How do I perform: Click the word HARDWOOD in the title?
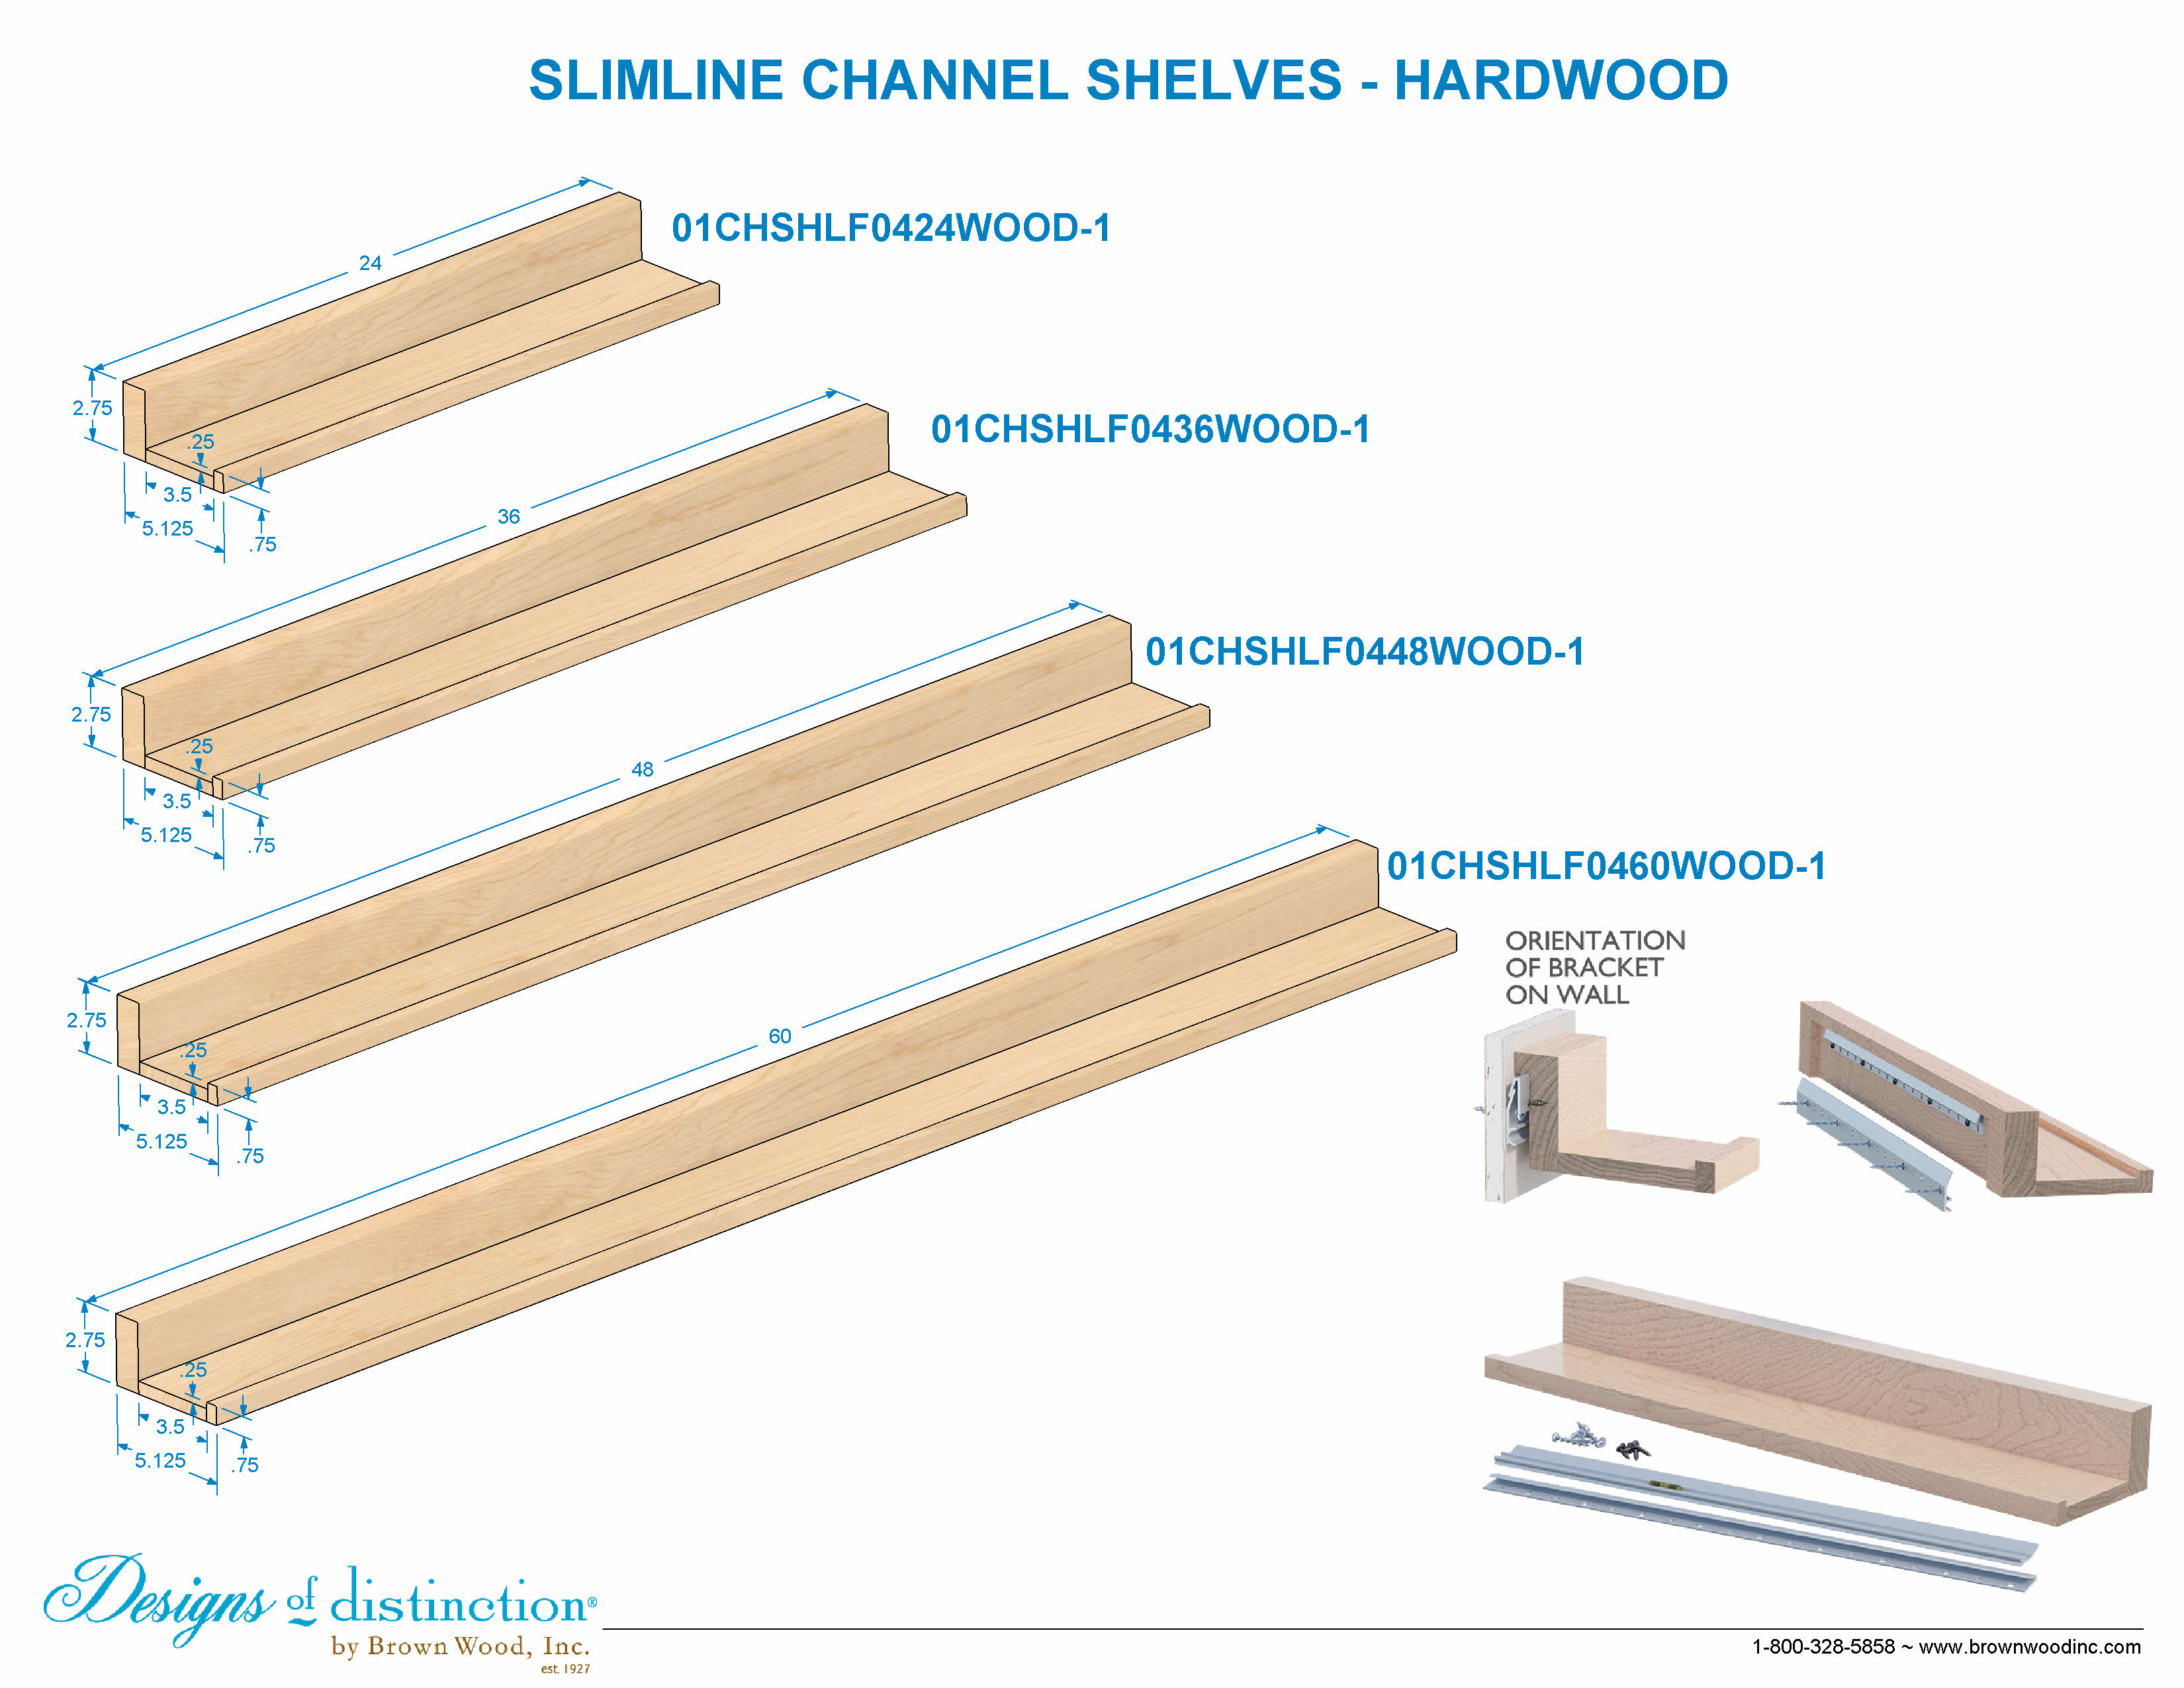pyautogui.click(x=1561, y=80)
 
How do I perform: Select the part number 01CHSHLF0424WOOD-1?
pyautogui.click(x=891, y=228)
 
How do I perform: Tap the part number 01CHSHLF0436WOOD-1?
pyautogui.click(x=1150, y=429)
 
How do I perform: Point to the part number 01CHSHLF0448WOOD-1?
pyautogui.click(x=1365, y=651)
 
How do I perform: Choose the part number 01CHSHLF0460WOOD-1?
pyautogui.click(x=1606, y=866)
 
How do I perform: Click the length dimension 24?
pyautogui.click(x=370, y=263)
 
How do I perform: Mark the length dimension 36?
pyautogui.click(x=509, y=517)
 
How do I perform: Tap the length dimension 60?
pyautogui.click(x=780, y=1036)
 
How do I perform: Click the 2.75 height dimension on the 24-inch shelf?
pyautogui.click(x=92, y=408)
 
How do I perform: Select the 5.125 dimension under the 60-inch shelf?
pyautogui.click(x=160, y=1460)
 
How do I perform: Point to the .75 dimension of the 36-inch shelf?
pyautogui.click(x=262, y=845)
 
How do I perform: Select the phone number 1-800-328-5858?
pyautogui.click(x=1823, y=1646)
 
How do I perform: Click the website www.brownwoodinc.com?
pyautogui.click(x=2030, y=1646)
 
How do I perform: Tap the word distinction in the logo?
pyautogui.click(x=460, y=1601)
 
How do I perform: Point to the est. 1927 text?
pyautogui.click(x=565, y=1669)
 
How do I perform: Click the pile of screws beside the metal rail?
pyautogui.click(x=1601, y=1441)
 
